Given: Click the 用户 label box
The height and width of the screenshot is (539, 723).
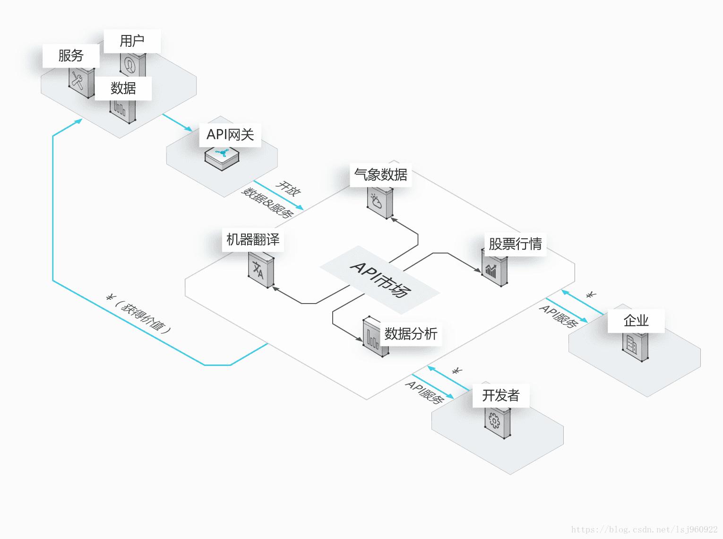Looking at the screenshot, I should (x=132, y=41).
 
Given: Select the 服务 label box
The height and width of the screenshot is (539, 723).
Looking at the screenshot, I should (x=71, y=56).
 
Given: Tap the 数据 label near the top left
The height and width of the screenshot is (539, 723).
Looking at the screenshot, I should (x=123, y=88).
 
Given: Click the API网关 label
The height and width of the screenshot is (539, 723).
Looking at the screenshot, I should (x=230, y=135).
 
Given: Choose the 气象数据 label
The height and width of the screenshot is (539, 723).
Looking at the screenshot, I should (x=381, y=175).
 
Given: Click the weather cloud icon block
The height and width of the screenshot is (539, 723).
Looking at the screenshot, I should (x=379, y=204).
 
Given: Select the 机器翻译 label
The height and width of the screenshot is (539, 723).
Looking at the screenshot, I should (x=253, y=240).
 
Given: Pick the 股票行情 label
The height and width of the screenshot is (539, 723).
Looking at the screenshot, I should (x=515, y=244).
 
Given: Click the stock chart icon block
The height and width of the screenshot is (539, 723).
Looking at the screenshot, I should (x=494, y=269).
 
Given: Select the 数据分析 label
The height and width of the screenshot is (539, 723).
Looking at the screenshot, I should (x=411, y=334).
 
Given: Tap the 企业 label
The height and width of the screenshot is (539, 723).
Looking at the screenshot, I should (x=636, y=321).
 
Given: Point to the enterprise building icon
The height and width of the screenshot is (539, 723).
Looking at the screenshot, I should (x=634, y=345).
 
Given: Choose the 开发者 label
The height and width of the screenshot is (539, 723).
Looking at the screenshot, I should (x=501, y=395).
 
